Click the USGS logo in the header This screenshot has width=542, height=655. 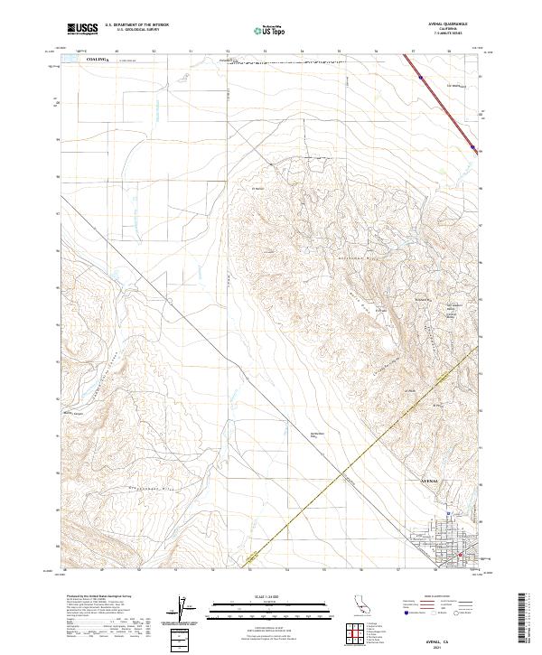coord(82,29)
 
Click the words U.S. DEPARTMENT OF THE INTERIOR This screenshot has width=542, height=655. coord(136,25)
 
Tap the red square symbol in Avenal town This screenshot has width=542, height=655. coord(462,555)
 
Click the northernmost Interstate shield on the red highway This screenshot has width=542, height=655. coord(422,79)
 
